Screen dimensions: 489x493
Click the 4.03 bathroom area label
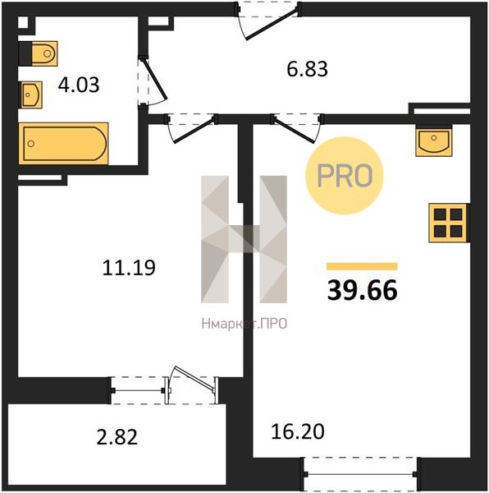pos(79,85)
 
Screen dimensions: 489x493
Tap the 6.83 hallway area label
pos(308,69)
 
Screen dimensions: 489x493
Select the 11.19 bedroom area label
pos(129,268)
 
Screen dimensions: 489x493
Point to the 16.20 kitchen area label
pos(298,431)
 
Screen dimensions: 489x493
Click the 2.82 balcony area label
pos(117,437)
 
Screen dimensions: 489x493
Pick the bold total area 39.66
pos(363,291)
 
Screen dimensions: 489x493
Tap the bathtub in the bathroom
pos(63,143)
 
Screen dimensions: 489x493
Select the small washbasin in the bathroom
pos(31,94)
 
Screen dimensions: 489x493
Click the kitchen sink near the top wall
pos(434,141)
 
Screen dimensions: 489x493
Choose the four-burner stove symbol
pos(448,223)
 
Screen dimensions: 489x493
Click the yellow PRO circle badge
pos(345,176)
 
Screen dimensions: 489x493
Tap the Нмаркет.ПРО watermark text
pos(244,324)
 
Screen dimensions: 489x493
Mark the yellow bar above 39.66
pos(362,266)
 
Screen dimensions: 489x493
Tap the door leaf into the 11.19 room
pos(194,130)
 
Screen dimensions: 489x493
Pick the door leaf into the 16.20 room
pos(294,130)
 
